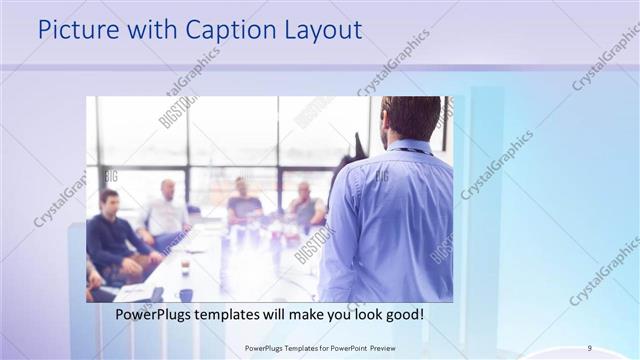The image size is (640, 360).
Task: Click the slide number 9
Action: coord(589,348)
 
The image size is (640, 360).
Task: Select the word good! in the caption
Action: coord(402,314)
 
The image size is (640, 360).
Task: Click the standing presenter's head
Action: coord(410,118)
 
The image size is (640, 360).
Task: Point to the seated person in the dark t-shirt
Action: coord(243,205)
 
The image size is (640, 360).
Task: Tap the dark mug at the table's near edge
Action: coord(186,295)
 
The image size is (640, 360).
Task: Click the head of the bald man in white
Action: coord(167,188)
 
